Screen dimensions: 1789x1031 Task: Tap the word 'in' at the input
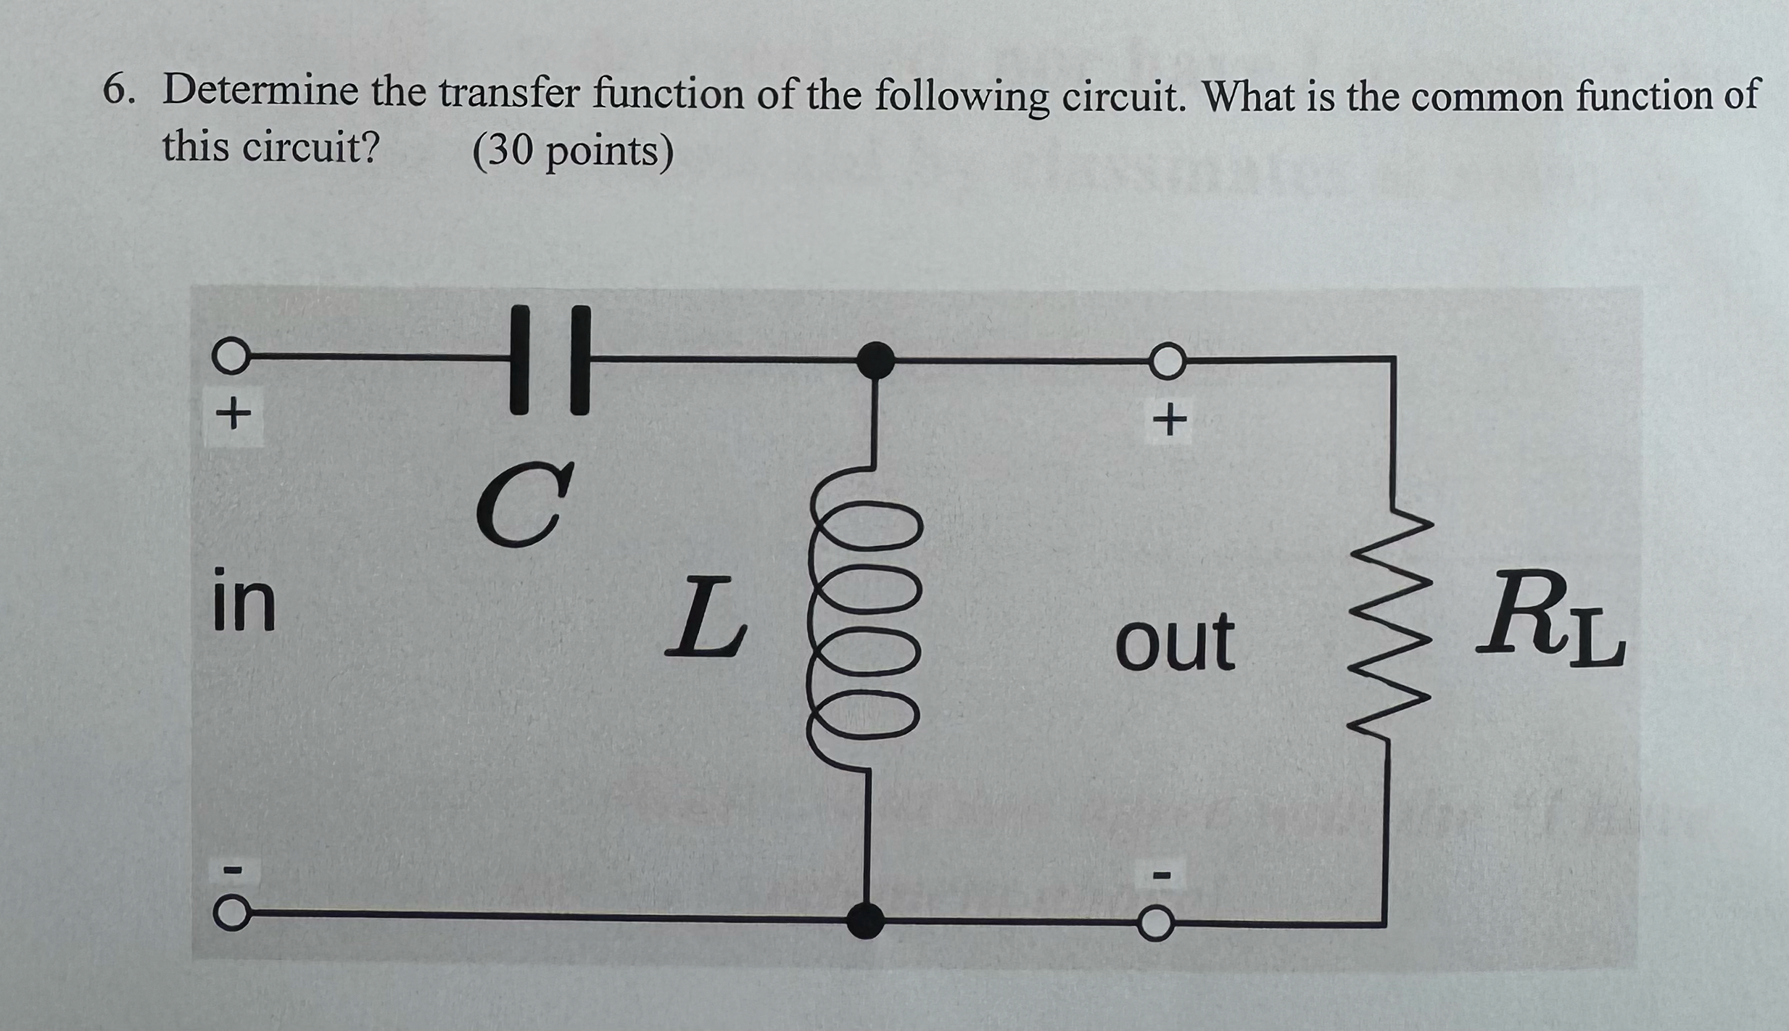coord(244,601)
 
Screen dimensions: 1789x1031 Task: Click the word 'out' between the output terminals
coord(1175,641)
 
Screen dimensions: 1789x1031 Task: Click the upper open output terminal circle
coord(1167,360)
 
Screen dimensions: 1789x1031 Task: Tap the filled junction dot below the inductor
coord(866,921)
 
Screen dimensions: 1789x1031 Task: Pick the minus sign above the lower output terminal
coord(1162,876)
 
